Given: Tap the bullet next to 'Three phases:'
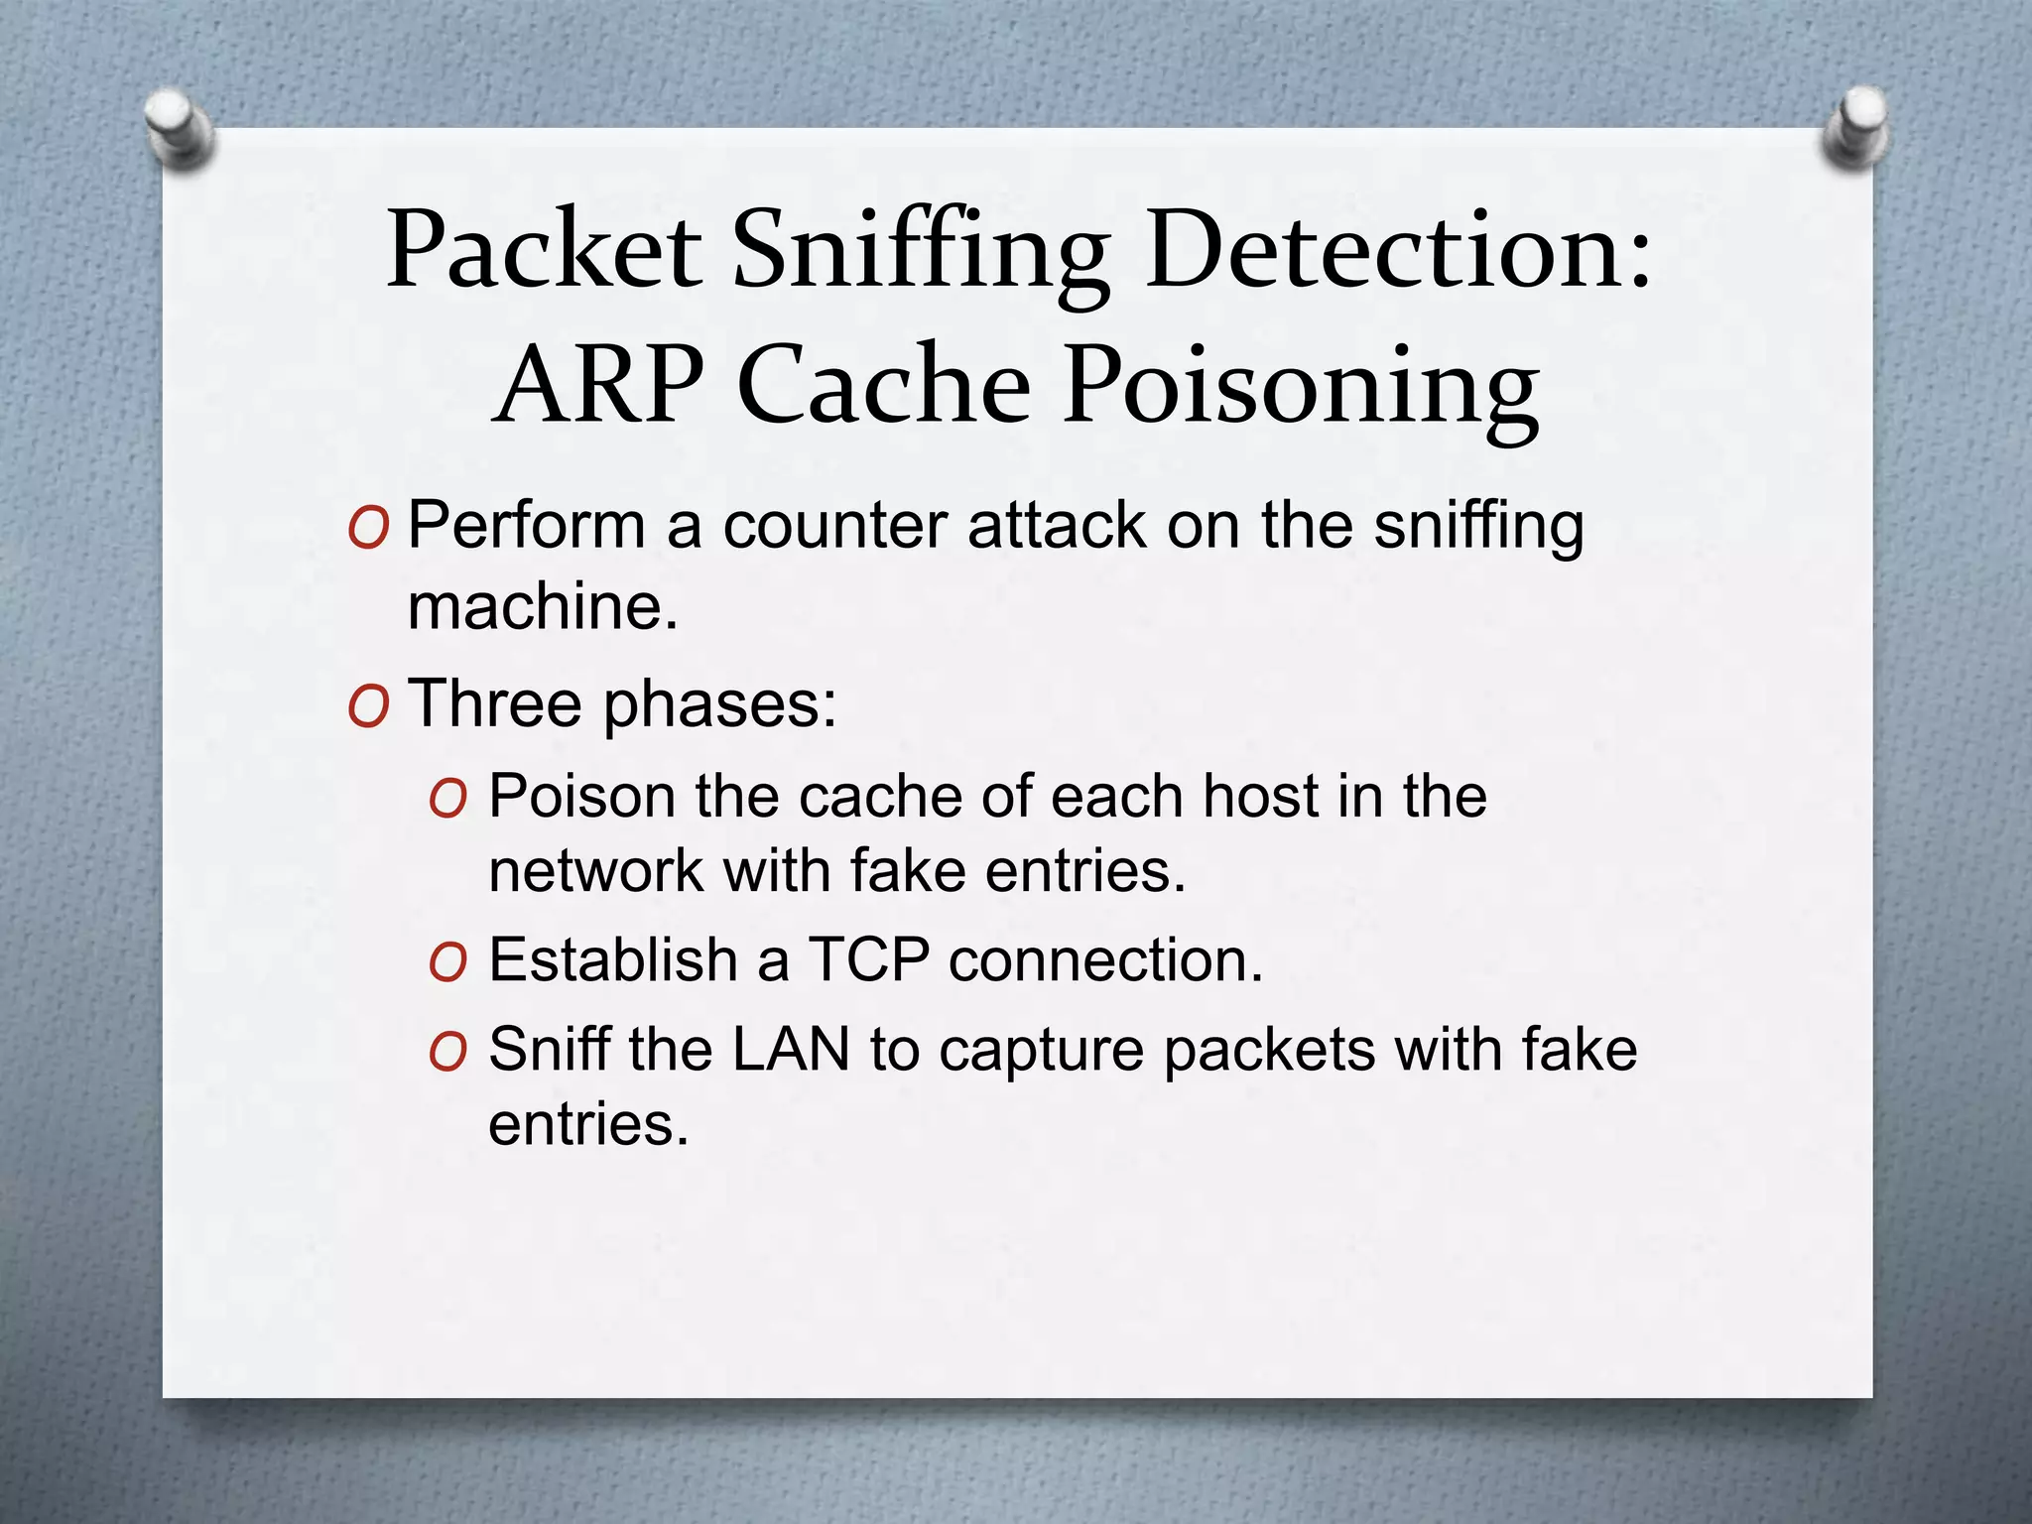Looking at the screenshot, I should (x=368, y=706).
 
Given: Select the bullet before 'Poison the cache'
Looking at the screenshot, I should (x=447, y=799).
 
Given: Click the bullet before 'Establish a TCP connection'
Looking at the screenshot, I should (x=447, y=962).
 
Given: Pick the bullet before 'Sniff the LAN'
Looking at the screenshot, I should (x=447, y=1052).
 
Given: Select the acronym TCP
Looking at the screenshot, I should (x=869, y=960).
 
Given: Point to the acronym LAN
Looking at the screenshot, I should (x=791, y=1050).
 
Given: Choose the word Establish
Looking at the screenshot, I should (x=612, y=960).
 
